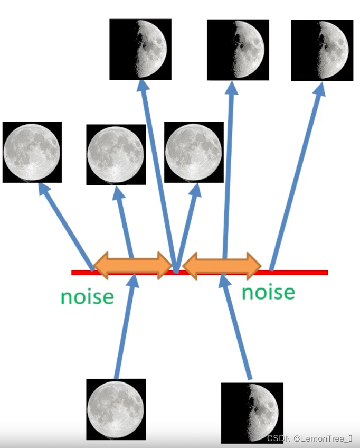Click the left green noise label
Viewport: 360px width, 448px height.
click(87, 296)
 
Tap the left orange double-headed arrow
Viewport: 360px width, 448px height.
click(132, 265)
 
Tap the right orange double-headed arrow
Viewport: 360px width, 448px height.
click(222, 265)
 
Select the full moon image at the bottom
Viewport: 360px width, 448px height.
click(116, 408)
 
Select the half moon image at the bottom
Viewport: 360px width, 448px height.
click(252, 413)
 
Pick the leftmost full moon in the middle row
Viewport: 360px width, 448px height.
click(32, 152)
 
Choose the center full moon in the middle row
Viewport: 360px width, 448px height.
click(116, 154)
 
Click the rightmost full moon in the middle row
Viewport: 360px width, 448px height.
click(194, 152)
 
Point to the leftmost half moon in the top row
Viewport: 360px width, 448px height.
click(140, 49)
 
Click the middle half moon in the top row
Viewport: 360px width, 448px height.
click(238, 50)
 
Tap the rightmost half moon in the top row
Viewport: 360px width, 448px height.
click(323, 51)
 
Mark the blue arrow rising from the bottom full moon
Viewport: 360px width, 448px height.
click(126, 328)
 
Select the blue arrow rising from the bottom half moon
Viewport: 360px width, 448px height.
click(236, 328)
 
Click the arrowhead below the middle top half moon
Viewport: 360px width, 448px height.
click(231, 90)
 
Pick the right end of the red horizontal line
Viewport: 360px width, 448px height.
click(326, 273)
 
